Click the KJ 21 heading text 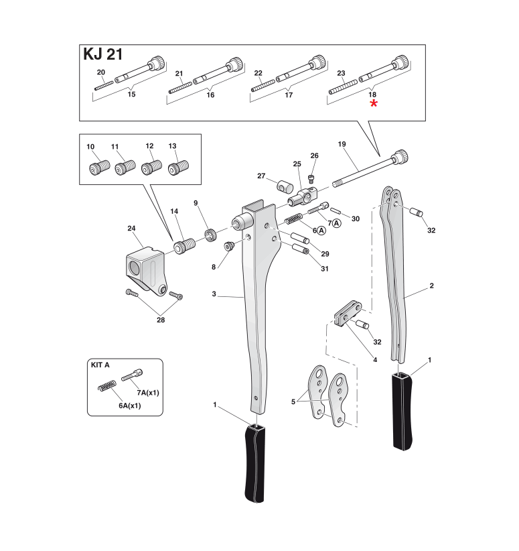click(x=102, y=54)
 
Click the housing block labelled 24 click(x=144, y=267)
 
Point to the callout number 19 click(x=342, y=144)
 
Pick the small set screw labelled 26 click(x=311, y=178)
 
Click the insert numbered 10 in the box click(x=95, y=167)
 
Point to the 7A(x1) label click(x=147, y=391)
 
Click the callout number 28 click(x=161, y=320)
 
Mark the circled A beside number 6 click(x=321, y=230)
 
